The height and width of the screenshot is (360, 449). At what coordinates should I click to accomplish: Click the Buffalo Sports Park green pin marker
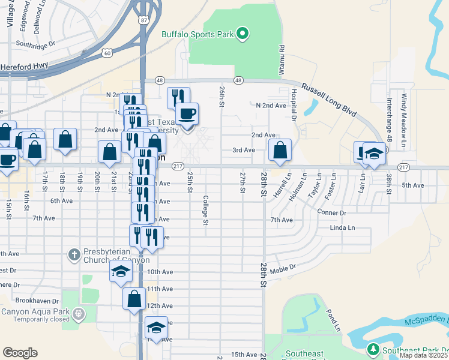(x=243, y=34)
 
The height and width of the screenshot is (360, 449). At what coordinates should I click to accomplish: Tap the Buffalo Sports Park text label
(x=197, y=34)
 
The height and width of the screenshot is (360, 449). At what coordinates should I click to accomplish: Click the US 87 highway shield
(x=143, y=20)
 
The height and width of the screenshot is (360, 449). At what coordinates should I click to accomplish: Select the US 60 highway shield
(x=106, y=53)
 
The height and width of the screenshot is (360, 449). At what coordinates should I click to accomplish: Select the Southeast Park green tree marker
(x=372, y=349)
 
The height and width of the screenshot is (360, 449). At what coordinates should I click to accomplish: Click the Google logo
(x=20, y=353)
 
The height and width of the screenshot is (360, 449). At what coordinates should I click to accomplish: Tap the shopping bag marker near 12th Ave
(x=134, y=298)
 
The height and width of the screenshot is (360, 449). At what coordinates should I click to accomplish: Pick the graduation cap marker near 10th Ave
(x=121, y=271)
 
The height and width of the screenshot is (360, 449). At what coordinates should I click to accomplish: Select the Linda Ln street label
(x=342, y=228)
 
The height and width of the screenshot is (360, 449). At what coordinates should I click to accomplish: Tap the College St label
(x=205, y=210)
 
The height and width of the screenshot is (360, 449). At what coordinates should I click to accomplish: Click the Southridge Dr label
(x=35, y=44)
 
